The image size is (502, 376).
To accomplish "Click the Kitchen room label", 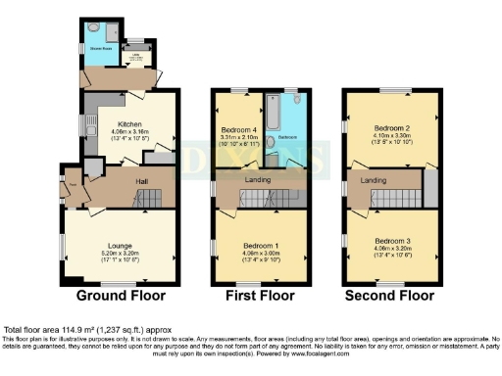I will pos(129,124).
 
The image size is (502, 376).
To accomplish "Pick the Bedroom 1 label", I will pos(261,245).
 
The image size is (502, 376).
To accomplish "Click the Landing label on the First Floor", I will pos(260,179).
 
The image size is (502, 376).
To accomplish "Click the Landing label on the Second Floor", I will pos(373,179).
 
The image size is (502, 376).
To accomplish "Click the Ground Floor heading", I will pos(122,295).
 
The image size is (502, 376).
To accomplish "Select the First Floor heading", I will pos(261,295).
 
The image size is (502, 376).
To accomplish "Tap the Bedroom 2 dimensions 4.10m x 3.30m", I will pos(391,136).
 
